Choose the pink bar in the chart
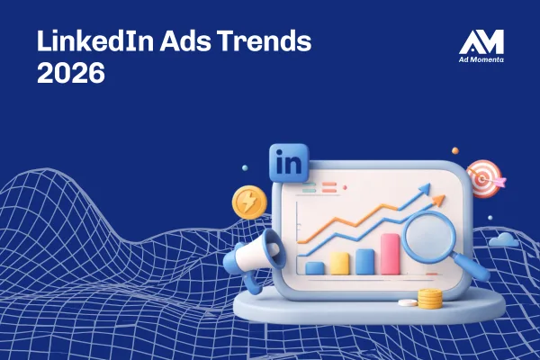click(390, 253)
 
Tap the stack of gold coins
click(430, 298)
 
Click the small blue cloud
click(502, 239)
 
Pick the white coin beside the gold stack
click(407, 301)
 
